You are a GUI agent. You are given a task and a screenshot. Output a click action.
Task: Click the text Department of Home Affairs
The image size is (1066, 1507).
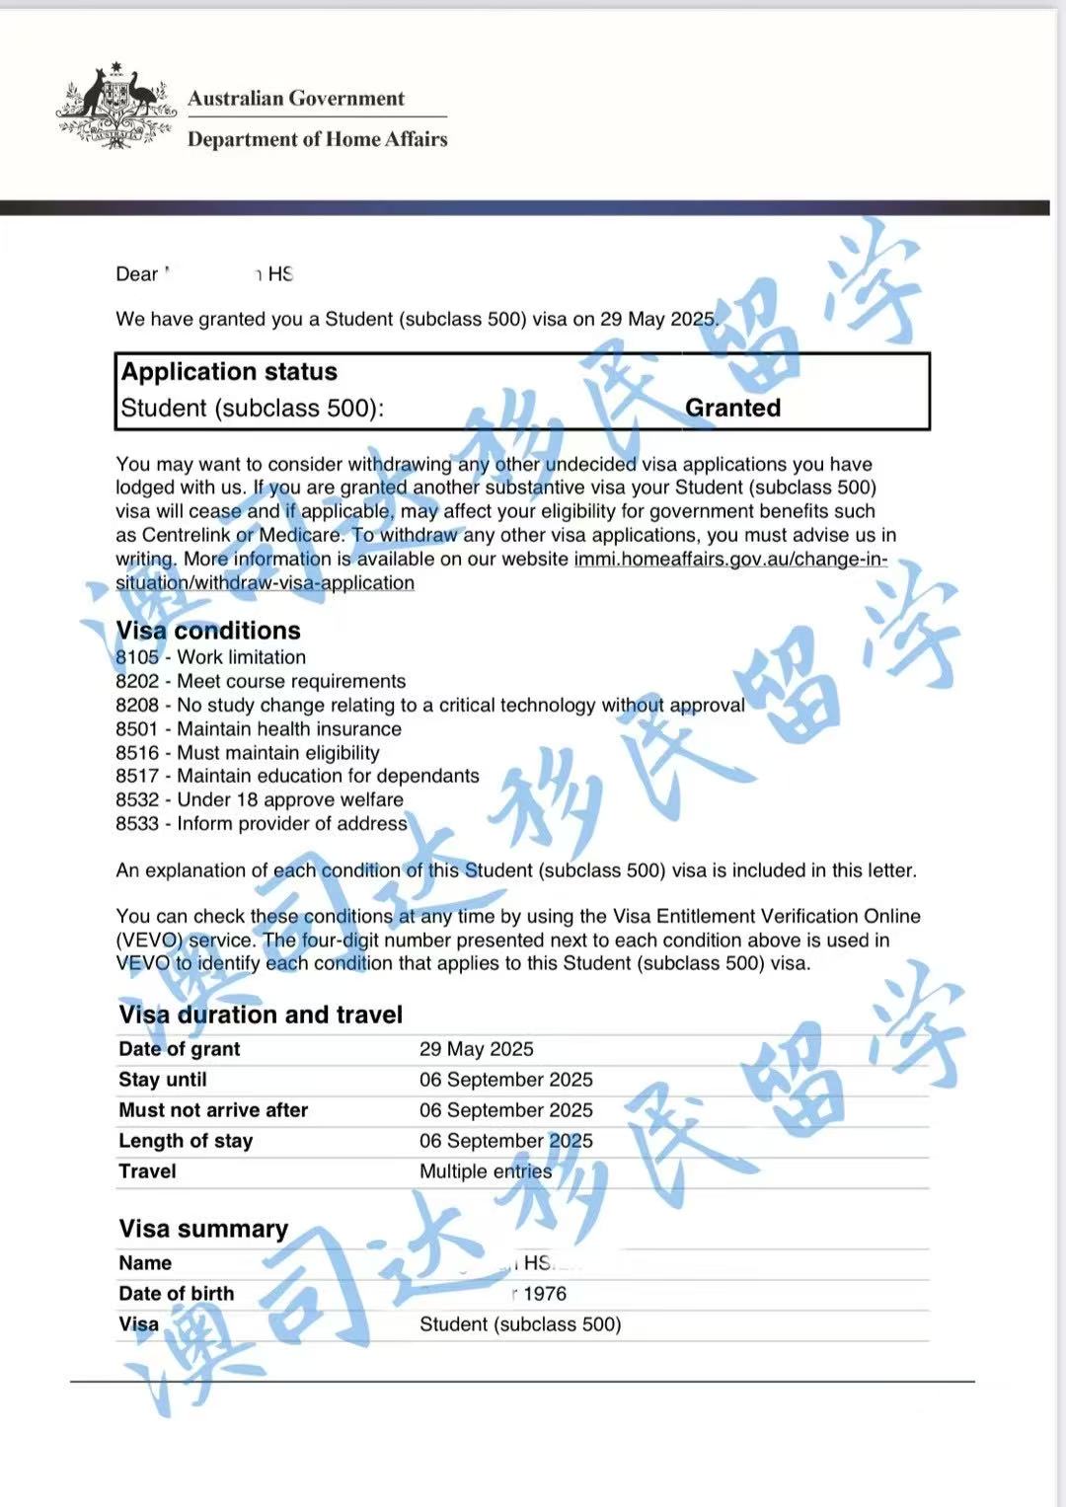pos(317,139)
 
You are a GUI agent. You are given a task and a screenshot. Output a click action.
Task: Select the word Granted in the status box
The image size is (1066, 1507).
pos(732,408)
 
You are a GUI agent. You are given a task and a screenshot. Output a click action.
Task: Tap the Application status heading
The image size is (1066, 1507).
pos(229,372)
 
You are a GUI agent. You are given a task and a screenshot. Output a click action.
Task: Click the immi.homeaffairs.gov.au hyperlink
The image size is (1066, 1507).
pos(729,559)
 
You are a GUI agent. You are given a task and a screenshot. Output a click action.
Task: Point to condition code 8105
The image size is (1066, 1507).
pos(137,657)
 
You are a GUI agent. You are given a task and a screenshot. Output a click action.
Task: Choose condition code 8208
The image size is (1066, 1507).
pos(137,705)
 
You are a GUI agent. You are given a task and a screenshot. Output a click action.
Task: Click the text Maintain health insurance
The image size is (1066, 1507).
pos(289,729)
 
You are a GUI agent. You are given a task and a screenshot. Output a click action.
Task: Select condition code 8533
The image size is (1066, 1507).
pos(137,823)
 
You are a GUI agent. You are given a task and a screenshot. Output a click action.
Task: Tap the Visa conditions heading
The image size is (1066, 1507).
pos(208,631)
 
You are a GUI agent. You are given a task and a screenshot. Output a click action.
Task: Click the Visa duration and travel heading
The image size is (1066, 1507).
pos(261,1015)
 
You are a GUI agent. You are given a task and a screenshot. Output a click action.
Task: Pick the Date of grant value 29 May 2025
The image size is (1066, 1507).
pos(476,1049)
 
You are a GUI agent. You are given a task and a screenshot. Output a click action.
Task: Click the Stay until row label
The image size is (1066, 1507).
pos(163,1080)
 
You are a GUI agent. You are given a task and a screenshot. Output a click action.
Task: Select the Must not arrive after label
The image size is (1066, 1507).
pos(213,1110)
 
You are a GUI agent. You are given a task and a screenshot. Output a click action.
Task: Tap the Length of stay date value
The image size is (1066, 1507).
pos(505,1141)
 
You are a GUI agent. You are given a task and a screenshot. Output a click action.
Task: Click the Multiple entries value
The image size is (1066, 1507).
pos(486,1171)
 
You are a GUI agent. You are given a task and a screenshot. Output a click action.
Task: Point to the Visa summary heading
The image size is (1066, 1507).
pos(203,1229)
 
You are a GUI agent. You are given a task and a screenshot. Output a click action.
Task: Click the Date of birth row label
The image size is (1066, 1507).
pos(177,1294)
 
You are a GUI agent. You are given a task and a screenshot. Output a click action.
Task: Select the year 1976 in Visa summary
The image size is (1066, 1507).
pos(545,1294)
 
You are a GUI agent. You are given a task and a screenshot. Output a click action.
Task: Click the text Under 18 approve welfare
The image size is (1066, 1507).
pos(290,799)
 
